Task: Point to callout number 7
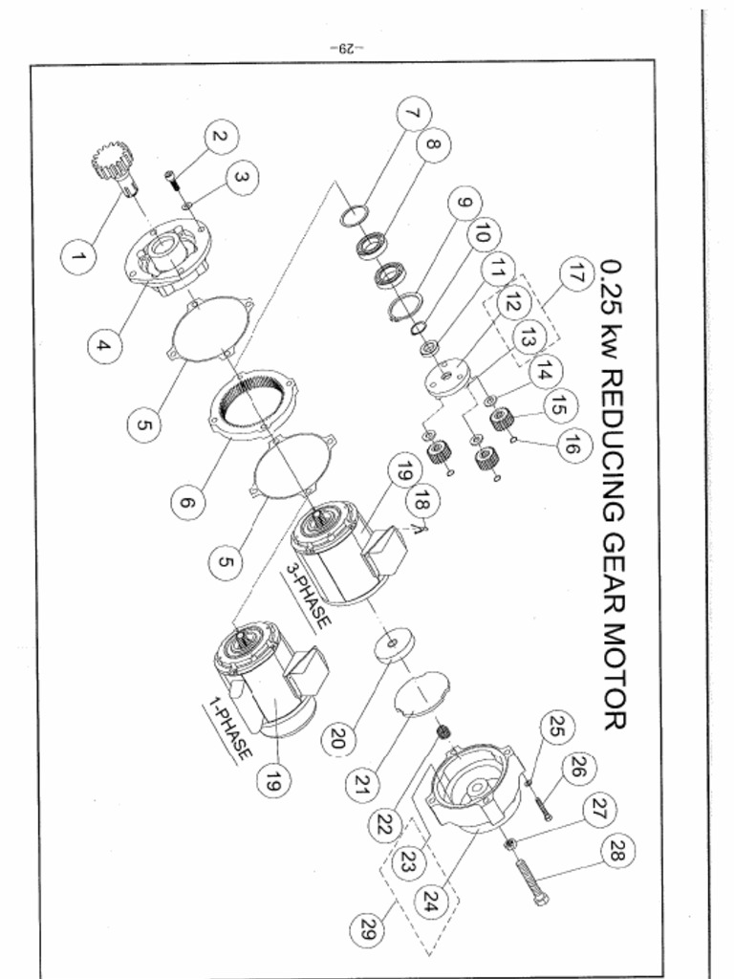(412, 116)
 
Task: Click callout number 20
(337, 736)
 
